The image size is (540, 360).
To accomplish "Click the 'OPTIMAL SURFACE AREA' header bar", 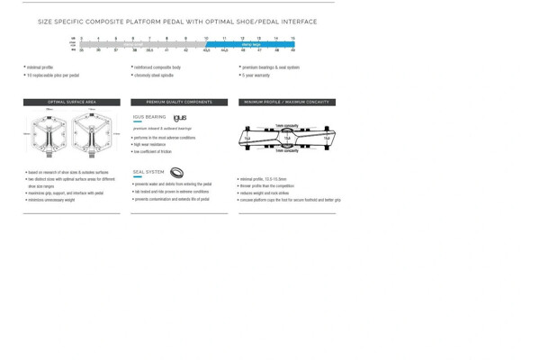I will [x=72, y=103].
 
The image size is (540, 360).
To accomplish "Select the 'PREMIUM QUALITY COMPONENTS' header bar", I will [x=179, y=103].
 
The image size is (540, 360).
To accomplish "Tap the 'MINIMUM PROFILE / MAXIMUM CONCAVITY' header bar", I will [x=287, y=103].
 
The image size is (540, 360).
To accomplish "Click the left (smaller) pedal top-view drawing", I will [x=49, y=135].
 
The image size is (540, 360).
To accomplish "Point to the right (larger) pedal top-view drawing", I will [x=93, y=135].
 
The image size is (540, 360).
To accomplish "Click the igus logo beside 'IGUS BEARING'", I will [x=180, y=118].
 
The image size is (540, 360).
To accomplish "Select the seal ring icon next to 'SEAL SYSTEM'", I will [x=176, y=173].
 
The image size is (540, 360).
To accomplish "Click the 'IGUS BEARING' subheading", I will [x=149, y=117].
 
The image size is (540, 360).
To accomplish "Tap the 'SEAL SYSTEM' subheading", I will [x=148, y=172].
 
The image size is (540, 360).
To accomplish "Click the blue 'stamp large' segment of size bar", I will [x=250, y=44].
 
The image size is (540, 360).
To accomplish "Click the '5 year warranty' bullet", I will [x=256, y=76].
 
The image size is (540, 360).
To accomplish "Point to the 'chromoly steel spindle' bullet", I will [x=154, y=76].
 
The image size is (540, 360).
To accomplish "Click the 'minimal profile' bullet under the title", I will [x=40, y=67].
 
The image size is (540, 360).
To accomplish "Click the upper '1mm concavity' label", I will [x=287, y=126].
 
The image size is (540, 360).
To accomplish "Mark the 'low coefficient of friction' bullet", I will [x=153, y=152].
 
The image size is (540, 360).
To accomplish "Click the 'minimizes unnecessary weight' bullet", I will [x=51, y=200].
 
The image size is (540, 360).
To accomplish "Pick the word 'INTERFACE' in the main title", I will [x=297, y=22].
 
